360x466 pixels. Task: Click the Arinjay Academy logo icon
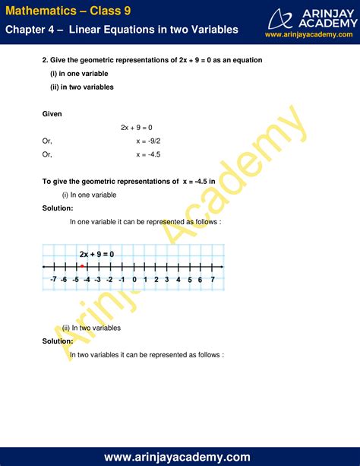pyautogui.click(x=285, y=17)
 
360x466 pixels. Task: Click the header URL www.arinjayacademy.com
pyautogui.click(x=311, y=35)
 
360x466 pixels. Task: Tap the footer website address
pyautogui.click(x=179, y=457)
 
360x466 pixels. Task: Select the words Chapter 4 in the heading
pyautogui.click(x=30, y=30)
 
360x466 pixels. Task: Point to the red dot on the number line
pyautogui.click(x=81, y=266)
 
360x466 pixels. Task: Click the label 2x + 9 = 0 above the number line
pyautogui.click(x=96, y=254)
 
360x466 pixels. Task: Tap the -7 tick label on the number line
pyautogui.click(x=53, y=280)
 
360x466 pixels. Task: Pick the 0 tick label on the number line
pyautogui.click(x=134, y=280)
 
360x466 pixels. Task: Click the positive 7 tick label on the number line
pyautogui.click(x=213, y=280)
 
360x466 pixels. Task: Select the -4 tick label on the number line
pyautogui.click(x=87, y=280)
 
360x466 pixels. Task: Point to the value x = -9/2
pyautogui.click(x=148, y=141)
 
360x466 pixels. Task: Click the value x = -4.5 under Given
pyautogui.click(x=148, y=154)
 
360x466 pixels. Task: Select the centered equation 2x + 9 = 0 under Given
pyautogui.click(x=137, y=127)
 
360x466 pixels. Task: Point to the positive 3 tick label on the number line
pyautogui.click(x=167, y=280)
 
